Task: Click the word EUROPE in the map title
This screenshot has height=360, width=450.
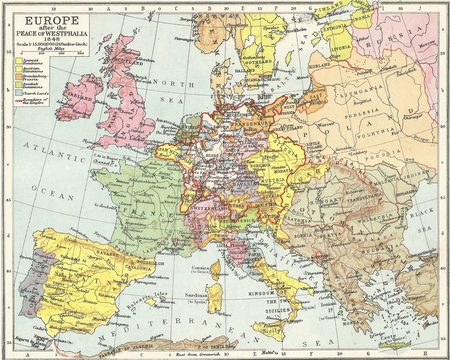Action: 52,21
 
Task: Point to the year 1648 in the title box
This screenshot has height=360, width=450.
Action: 52,39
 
